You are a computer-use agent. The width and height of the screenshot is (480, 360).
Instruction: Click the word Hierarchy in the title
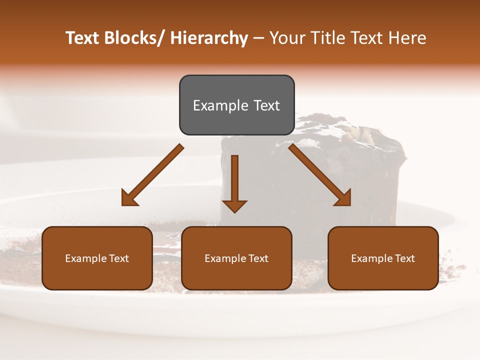(209, 38)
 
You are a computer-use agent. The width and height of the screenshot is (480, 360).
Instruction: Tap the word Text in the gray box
(266, 105)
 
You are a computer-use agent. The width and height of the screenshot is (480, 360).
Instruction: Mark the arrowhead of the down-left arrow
(129, 198)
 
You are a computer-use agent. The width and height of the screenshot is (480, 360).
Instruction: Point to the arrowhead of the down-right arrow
(343, 198)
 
